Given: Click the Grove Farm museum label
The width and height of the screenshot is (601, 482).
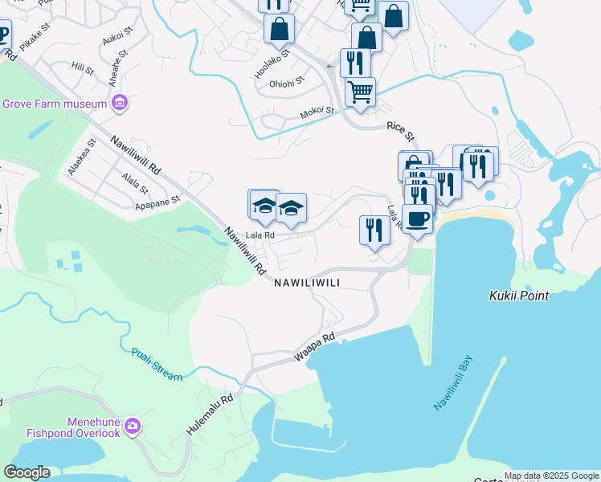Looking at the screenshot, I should pyautogui.click(x=55, y=104).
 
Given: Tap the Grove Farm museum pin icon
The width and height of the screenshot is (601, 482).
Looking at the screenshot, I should pyautogui.click(x=120, y=103).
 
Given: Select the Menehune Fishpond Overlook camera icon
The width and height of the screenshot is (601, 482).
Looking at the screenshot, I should pyautogui.click(x=133, y=426).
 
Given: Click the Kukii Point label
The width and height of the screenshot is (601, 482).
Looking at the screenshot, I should pyautogui.click(x=519, y=296).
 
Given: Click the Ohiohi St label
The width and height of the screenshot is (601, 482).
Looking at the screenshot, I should pyautogui.click(x=287, y=83).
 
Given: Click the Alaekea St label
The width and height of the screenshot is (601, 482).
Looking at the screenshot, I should pyautogui.click(x=83, y=157).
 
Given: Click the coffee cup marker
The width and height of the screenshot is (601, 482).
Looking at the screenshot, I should pyautogui.click(x=417, y=219).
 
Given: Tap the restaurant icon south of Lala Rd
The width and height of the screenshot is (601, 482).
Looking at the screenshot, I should pyautogui.click(x=374, y=231).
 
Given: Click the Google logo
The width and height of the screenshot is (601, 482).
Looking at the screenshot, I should pyautogui.click(x=27, y=472).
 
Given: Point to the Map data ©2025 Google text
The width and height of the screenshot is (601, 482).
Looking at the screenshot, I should pyautogui.click(x=551, y=476).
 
